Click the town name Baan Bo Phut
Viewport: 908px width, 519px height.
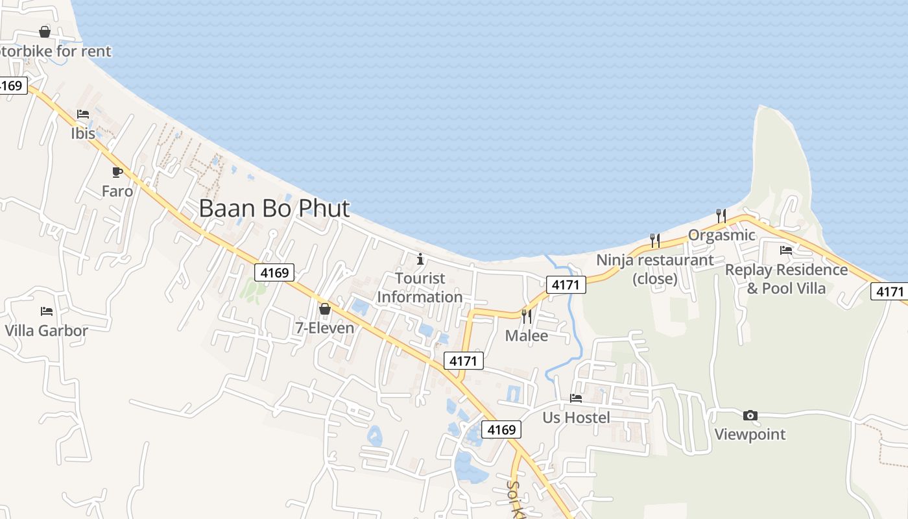274,209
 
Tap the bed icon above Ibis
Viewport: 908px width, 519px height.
83,114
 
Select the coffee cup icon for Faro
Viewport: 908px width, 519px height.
117,172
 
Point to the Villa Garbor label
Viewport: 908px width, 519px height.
46,331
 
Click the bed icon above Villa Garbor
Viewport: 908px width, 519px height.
46,311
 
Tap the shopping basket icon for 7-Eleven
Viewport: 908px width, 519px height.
325,309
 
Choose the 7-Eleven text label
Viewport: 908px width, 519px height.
325,328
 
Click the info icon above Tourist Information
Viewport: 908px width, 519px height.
420,259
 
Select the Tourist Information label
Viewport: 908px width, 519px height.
420,287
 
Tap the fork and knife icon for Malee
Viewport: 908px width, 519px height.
526,317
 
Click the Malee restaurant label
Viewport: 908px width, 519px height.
526,336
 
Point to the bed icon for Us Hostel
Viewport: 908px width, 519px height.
576,398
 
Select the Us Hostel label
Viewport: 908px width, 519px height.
576,417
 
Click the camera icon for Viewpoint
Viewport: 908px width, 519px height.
750,415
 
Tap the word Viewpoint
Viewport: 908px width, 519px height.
750,435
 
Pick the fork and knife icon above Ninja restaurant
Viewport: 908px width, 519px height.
654,241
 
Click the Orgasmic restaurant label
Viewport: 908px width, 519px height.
721,235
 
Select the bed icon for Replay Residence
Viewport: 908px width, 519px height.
786,250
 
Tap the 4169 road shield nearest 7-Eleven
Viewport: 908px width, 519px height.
274,272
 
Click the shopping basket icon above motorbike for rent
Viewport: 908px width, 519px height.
45,32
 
